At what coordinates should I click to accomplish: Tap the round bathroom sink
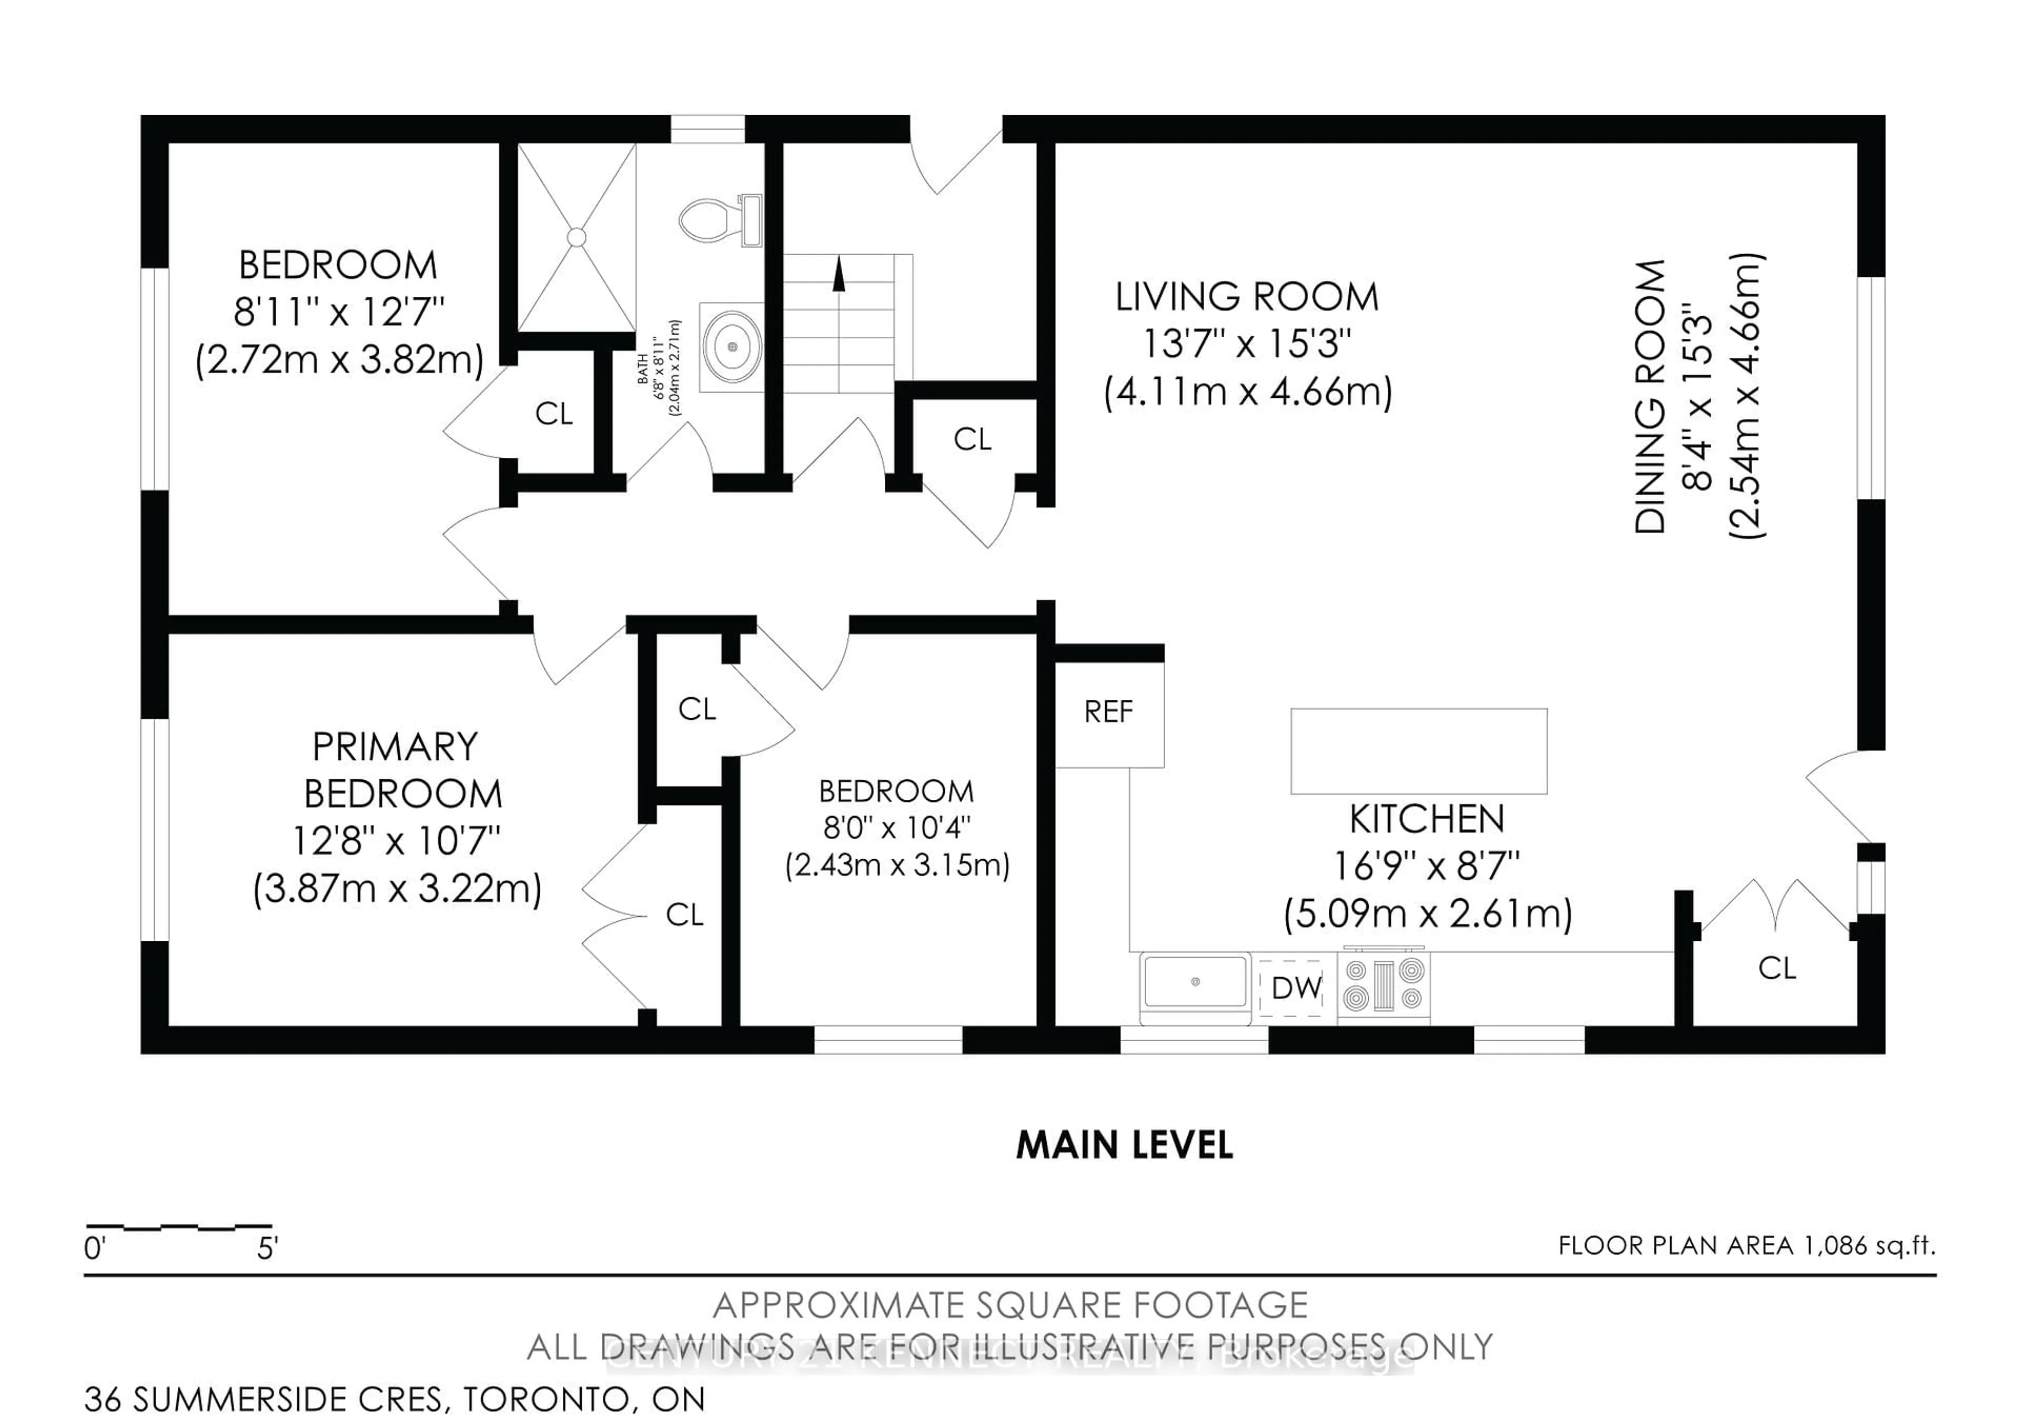tap(732, 347)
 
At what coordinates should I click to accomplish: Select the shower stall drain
tap(576, 237)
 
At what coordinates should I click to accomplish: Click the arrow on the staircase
tap(839, 275)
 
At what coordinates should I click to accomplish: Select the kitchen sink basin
tap(1195, 982)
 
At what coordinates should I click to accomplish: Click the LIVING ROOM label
tap(1247, 297)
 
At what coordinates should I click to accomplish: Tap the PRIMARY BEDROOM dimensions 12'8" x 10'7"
tap(396, 842)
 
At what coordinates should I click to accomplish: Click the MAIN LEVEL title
tap(1124, 1145)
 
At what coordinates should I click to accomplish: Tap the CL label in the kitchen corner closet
tap(1776, 968)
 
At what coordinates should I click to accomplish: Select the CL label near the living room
tap(972, 439)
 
